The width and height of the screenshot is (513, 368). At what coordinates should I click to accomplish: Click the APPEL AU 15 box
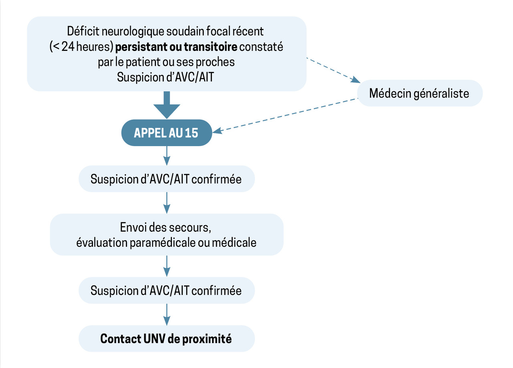166,133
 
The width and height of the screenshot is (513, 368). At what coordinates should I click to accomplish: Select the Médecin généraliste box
419,94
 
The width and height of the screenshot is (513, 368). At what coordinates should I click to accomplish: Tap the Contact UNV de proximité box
166,339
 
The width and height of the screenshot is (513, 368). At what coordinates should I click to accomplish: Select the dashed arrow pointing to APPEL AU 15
285,115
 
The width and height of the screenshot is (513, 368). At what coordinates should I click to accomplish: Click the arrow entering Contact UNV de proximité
166,315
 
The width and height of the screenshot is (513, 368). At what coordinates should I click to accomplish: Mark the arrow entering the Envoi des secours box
166,203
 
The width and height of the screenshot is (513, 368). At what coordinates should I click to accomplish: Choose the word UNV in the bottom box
153,339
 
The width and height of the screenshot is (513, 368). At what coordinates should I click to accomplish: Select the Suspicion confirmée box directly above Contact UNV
166,290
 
